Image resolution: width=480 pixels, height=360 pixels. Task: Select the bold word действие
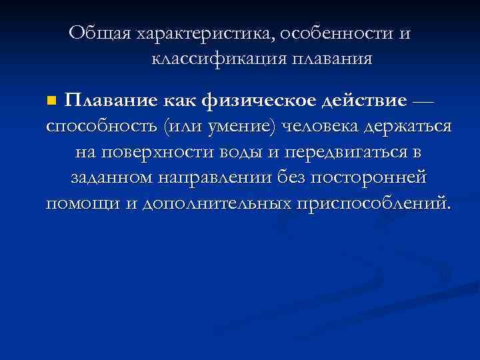363,101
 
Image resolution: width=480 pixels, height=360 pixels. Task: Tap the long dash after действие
423,101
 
